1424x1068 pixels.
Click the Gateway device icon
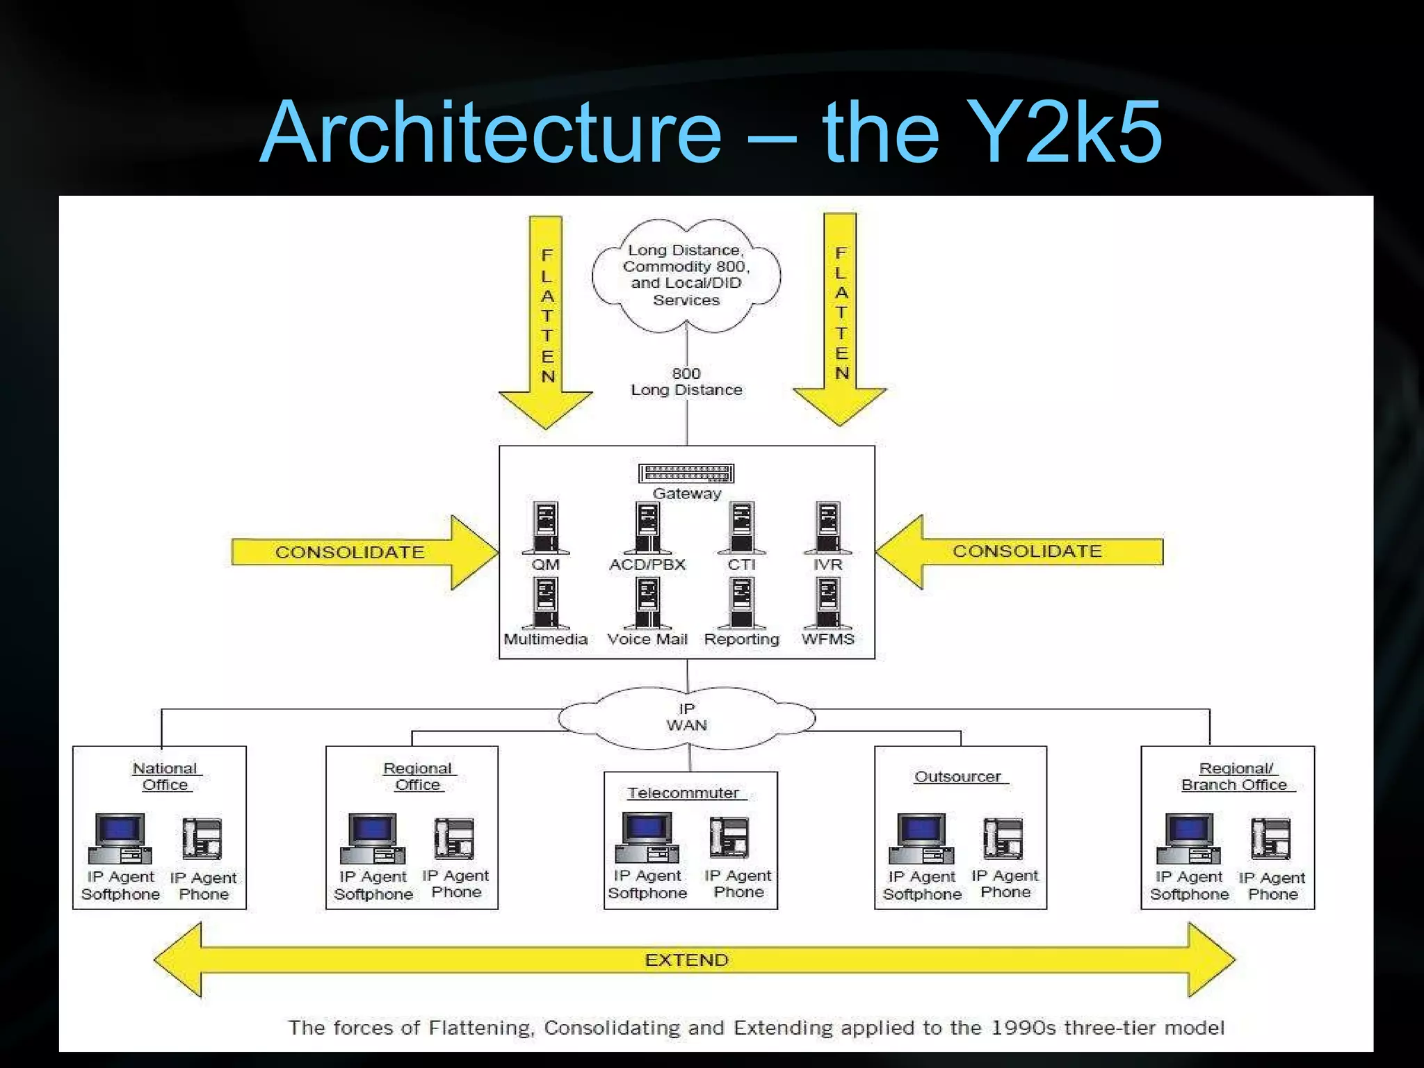686,474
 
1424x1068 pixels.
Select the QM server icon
546,526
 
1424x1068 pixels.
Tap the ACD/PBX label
647,565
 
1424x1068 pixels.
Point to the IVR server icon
827,526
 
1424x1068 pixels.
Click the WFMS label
827,639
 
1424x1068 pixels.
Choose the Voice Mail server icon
648,602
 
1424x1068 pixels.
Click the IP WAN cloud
687,718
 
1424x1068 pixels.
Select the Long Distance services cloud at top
686,275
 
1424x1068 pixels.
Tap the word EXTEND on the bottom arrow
686,960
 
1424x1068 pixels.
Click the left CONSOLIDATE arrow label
350,552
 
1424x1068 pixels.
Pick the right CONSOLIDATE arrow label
1027,551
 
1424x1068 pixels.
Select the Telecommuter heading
683,793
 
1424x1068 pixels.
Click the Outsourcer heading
957,777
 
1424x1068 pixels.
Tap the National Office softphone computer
120,838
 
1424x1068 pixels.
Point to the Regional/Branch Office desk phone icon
1270,839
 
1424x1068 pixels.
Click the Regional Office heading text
417,777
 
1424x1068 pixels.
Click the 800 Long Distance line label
686,382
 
